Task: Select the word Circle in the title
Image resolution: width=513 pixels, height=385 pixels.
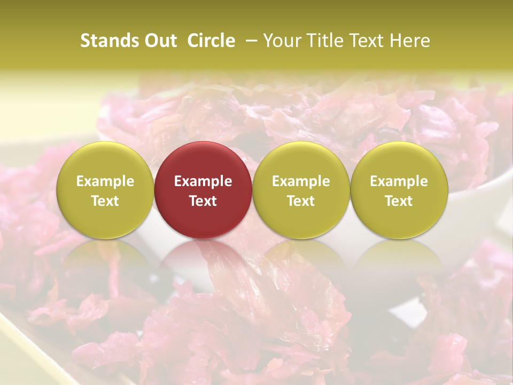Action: pos(211,41)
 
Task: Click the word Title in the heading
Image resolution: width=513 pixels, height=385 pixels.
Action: pos(324,41)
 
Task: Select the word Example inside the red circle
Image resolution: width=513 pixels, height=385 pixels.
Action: pos(203,182)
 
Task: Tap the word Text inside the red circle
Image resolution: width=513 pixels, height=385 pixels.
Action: pos(203,201)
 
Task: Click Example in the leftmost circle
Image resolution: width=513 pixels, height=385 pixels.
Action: pos(105,182)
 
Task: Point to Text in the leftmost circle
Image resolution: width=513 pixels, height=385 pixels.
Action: pos(105,201)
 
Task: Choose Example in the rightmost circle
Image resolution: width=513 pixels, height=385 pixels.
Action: pos(399,182)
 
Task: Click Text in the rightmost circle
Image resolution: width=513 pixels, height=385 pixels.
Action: pos(399,201)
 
